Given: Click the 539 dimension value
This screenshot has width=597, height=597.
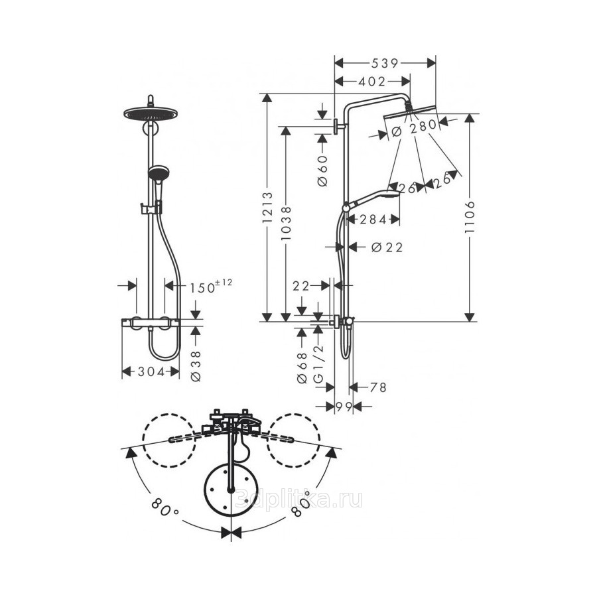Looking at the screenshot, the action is coord(385,63).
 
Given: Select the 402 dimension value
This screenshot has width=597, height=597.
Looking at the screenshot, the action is coord(371,81).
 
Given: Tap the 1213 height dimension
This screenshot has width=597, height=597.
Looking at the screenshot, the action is coord(268,208).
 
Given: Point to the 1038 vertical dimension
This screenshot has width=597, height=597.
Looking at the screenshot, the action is coord(286,223).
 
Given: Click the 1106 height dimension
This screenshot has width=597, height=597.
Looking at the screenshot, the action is coord(470,217).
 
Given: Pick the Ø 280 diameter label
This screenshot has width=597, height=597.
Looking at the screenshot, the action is coord(413,127).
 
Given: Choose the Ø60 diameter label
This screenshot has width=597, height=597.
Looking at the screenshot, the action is coord(322,170).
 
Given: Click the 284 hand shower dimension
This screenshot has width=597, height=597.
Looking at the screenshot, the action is coord(373,220).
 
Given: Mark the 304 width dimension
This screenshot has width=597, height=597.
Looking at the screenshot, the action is coord(151,371).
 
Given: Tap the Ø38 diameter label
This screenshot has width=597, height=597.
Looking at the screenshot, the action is coord(196,366).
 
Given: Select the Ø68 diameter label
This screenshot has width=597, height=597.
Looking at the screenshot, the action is coord(302,367).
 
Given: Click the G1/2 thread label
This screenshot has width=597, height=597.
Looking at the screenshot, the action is coord(318,364).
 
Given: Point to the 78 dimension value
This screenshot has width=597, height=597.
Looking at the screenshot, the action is coord(378,387).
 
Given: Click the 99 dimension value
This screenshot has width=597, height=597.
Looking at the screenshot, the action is coord(344,407).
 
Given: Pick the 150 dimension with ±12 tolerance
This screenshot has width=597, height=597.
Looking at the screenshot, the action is coord(210,287).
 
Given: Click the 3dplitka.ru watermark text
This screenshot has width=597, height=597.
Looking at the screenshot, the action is coord(298,499).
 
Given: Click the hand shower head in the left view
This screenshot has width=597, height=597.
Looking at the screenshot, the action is coord(158,172).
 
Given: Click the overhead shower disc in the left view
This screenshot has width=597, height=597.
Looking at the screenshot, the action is coord(151,113).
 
